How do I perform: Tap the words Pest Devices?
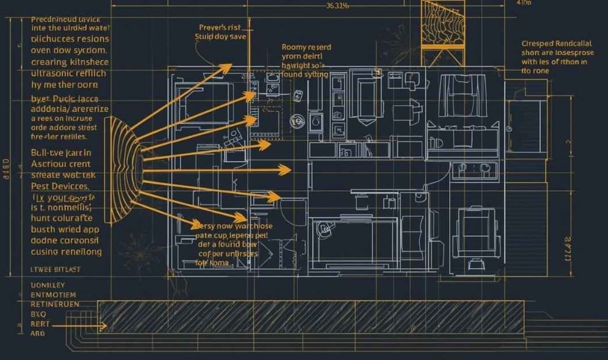59,186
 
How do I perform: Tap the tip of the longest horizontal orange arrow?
290,170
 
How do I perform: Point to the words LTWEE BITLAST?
55,269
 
